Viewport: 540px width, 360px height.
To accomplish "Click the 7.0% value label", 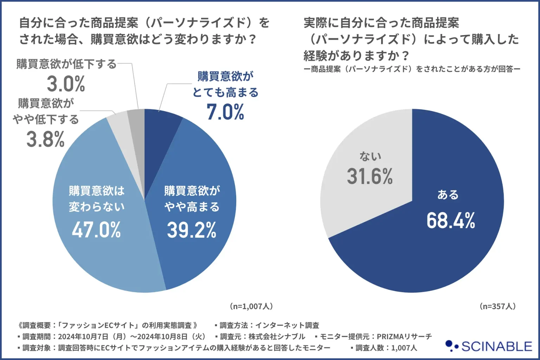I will click(x=225, y=112).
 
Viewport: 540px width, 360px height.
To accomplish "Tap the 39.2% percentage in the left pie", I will click(x=192, y=230).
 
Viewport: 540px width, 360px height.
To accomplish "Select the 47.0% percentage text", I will click(x=96, y=230).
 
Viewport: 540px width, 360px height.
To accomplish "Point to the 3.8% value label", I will click(x=45, y=139).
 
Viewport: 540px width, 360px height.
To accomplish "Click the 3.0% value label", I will click(x=66, y=84).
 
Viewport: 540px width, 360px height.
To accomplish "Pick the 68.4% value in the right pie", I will click(x=451, y=221).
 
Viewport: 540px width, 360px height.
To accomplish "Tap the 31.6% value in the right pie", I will click(x=370, y=176).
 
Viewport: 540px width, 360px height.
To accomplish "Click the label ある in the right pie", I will click(x=448, y=195).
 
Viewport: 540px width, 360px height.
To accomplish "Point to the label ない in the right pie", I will click(x=370, y=156).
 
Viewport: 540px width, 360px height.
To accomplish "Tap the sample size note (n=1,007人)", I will click(x=251, y=306).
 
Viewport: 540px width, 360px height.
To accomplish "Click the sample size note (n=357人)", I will click(x=497, y=306).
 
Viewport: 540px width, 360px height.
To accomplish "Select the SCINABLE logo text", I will click(x=496, y=347).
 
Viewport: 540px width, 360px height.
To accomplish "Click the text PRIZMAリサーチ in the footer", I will click(x=404, y=336).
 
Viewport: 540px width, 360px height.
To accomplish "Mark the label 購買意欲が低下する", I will click(x=66, y=64).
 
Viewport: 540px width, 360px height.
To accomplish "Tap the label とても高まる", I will click(x=225, y=92).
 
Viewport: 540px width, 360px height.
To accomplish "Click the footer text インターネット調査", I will click(x=287, y=325).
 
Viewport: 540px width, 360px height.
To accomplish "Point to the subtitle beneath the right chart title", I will click(x=412, y=69).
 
